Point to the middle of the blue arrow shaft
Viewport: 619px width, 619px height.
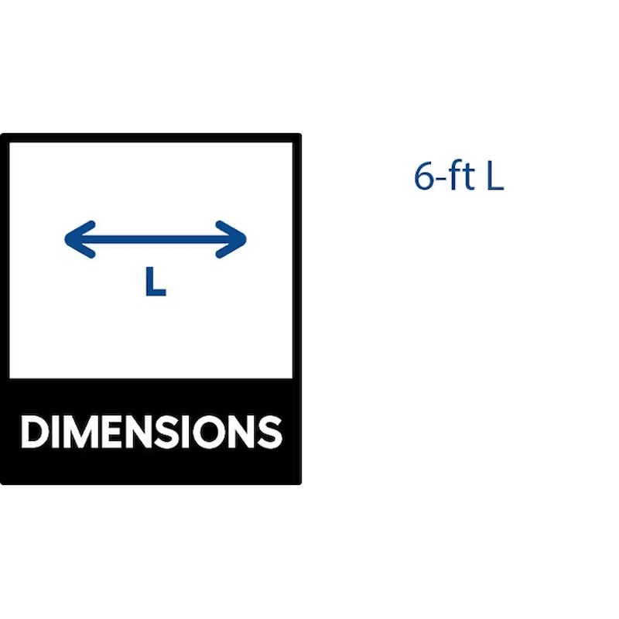point(155,239)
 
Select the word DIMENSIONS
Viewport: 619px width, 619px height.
point(151,432)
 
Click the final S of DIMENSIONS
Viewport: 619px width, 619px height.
point(268,432)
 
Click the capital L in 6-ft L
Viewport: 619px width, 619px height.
point(494,177)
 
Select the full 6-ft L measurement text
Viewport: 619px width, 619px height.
point(459,177)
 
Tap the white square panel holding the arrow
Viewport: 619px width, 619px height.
point(151,325)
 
